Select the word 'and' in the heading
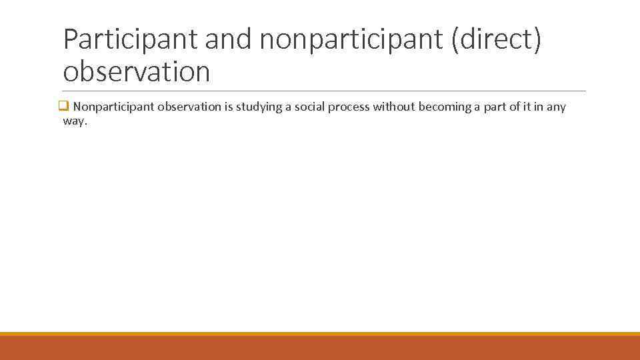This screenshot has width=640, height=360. [229, 41]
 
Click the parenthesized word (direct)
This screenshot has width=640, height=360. [497, 41]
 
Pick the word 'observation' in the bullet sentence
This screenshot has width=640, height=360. [189, 107]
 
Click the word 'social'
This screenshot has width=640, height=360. [307, 107]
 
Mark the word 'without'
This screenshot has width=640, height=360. [394, 107]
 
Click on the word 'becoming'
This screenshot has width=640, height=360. [445, 107]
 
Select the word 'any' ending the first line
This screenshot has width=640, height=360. [556, 107]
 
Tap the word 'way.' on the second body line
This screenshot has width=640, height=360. [75, 121]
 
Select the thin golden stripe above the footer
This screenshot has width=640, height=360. [320, 334]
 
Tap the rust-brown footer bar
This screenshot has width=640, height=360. [320, 348]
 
